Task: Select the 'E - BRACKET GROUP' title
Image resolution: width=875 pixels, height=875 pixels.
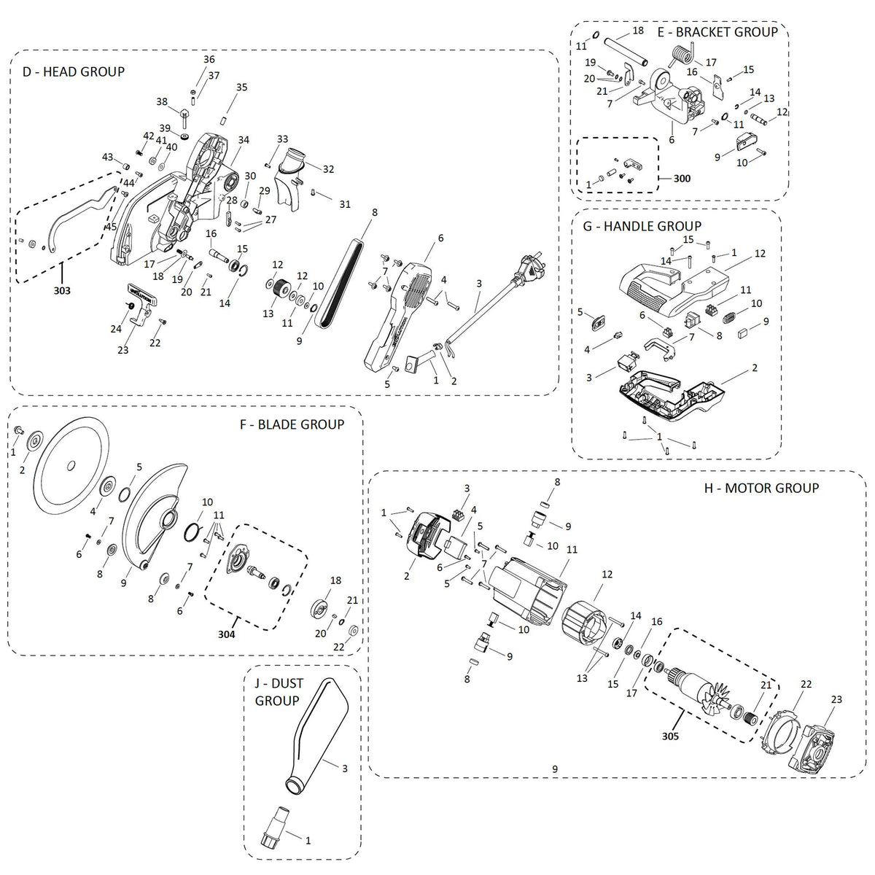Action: click(717, 31)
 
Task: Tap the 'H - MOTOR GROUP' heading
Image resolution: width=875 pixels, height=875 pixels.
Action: click(761, 488)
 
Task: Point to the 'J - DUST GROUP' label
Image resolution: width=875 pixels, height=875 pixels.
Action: click(277, 693)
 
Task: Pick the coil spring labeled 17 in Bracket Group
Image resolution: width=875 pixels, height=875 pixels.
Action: click(680, 53)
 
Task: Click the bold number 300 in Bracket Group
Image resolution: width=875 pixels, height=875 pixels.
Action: click(682, 178)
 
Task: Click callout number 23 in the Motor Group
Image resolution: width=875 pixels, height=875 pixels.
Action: click(836, 699)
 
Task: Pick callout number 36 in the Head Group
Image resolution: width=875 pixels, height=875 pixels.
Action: click(209, 60)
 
